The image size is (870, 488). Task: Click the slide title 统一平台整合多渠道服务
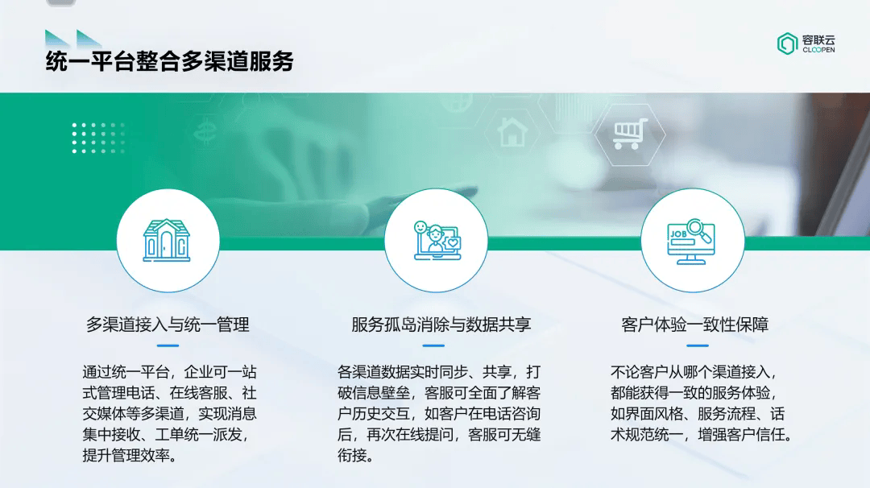click(x=169, y=61)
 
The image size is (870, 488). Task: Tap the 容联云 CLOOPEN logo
click(x=806, y=43)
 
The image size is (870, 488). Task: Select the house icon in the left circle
click(x=167, y=240)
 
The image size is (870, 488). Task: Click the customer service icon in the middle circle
click(x=437, y=240)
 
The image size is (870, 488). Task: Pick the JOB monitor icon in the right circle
click(x=691, y=242)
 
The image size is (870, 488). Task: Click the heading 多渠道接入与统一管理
click(x=168, y=325)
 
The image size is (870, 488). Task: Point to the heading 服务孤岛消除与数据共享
click(x=441, y=325)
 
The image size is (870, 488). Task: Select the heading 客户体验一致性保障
click(x=694, y=325)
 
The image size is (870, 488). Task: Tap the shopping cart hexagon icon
click(x=630, y=134)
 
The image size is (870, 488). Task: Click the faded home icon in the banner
click(x=512, y=132)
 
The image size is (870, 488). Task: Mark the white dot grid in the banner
click(x=98, y=138)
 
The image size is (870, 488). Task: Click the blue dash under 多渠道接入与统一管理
click(x=168, y=345)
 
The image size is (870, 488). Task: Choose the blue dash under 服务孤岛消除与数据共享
click(x=433, y=345)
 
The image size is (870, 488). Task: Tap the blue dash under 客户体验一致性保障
click(x=698, y=345)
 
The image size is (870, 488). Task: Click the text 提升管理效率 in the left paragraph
click(x=126, y=456)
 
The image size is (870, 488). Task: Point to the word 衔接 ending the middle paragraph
click(x=352, y=456)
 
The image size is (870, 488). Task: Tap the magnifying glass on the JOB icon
click(x=698, y=230)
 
